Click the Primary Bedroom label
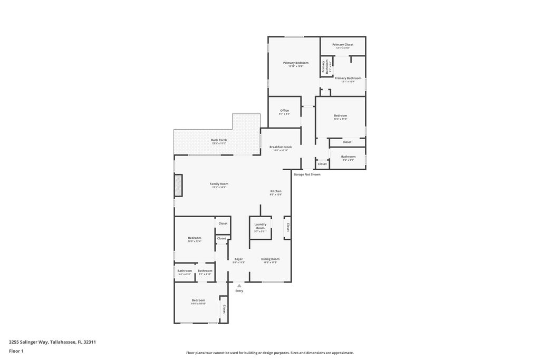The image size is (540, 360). [295, 63]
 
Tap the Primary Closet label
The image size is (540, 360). [343, 45]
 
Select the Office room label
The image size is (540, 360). [284, 111]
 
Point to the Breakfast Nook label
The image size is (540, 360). [281, 147]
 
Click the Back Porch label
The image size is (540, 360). [219, 140]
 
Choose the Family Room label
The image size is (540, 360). [219, 184]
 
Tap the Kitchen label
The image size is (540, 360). [276, 191]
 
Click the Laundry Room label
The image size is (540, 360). [260, 226]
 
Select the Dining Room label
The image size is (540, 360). [271, 259]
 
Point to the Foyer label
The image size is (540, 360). [239, 259]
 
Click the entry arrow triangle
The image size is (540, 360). [239, 286]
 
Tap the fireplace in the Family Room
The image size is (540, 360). [178, 185]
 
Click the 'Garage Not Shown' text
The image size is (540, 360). [307, 174]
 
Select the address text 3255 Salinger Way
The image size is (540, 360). [52, 342]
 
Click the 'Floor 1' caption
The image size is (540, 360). [16, 351]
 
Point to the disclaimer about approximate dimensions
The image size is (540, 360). [269, 353]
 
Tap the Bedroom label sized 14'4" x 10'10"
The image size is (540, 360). [198, 300]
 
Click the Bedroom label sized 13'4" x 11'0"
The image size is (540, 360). [340, 116]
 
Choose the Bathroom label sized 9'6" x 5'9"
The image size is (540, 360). [348, 157]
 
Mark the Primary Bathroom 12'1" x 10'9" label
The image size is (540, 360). [348, 79]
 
